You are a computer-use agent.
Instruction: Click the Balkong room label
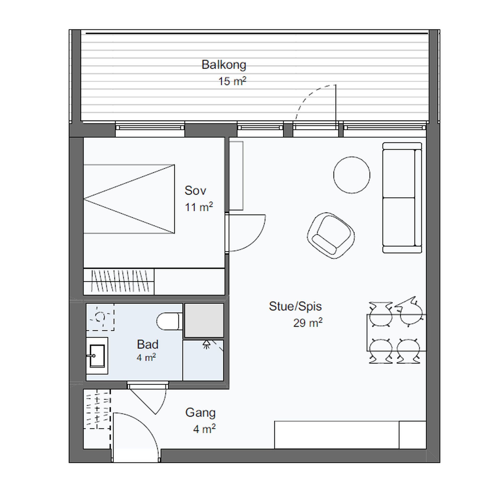[224, 65]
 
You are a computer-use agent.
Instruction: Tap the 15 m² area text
[232, 81]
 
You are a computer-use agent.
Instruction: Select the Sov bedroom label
[195, 190]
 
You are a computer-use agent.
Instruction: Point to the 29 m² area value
[308, 323]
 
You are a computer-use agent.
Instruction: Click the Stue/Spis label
[295, 306]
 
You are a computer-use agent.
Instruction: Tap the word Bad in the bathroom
[148, 344]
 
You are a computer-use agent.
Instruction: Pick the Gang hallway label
[200, 413]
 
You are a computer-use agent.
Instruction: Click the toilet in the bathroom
[169, 321]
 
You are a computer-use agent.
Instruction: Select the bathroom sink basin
[97, 356]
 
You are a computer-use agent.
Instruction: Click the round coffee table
[352, 175]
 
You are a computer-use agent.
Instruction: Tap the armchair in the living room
[331, 235]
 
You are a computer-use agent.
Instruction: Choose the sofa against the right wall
[402, 198]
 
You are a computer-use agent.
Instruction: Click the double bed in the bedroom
[129, 199]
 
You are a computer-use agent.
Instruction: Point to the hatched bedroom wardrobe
[119, 281]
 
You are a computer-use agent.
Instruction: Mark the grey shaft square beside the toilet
[204, 320]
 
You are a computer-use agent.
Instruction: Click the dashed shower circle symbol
[100, 317]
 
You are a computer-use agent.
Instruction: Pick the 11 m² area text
[199, 207]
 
